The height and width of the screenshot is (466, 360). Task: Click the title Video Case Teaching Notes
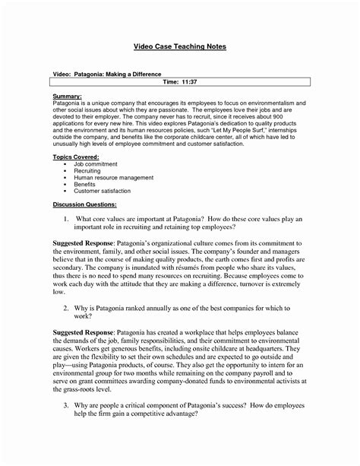tap(180, 46)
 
